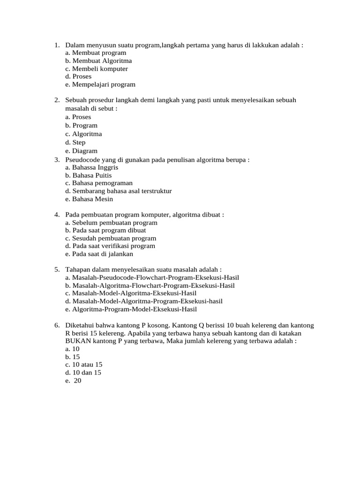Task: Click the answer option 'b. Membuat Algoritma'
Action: coord(98,61)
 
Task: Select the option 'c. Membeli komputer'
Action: coord(97,69)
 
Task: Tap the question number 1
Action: coord(56,45)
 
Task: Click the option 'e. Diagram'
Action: coord(82,151)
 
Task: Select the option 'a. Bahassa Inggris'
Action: coord(92,167)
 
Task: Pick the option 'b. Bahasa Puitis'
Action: coord(89,175)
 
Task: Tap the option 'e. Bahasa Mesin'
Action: coord(89,199)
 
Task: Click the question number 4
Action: coord(56,215)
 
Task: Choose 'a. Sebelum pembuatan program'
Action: coord(111,223)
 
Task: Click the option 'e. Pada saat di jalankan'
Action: coord(99,254)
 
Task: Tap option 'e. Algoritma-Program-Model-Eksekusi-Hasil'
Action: coord(131,309)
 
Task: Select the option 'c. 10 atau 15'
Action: coord(84,364)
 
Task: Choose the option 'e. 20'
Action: coord(74,381)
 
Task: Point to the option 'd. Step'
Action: coord(75,142)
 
